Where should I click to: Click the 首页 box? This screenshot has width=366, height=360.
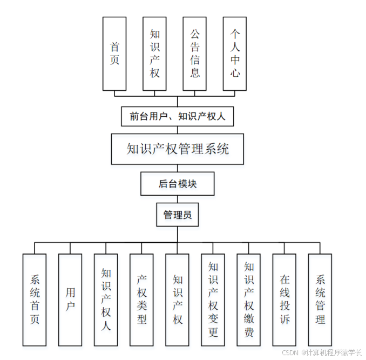[x=114, y=54]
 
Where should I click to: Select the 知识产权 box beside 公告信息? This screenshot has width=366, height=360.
[x=154, y=54]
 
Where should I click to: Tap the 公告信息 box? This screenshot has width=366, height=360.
[x=194, y=54]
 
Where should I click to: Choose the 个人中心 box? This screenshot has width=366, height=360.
[x=234, y=54]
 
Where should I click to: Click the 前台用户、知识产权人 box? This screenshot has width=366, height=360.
[x=177, y=116]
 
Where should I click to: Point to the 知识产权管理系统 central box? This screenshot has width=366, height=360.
[x=177, y=149]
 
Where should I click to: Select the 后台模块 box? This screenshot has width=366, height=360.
[x=177, y=184]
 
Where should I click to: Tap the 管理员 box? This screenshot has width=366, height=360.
[x=177, y=215]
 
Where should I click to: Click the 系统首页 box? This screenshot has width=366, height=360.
[x=35, y=299]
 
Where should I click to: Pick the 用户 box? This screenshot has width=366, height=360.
[x=70, y=299]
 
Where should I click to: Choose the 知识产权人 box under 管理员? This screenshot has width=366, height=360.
[x=106, y=299]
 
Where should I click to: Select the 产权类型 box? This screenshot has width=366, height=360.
[x=141, y=299]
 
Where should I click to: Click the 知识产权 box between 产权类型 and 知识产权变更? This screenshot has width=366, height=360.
[x=177, y=299]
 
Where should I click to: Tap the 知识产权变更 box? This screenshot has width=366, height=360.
[x=213, y=299]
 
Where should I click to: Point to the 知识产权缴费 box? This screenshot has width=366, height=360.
[x=248, y=299]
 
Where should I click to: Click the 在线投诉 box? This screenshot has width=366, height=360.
[x=284, y=299]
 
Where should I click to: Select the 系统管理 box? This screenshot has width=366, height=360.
[x=320, y=299]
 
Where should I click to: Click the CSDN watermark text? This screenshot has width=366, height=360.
[x=321, y=352]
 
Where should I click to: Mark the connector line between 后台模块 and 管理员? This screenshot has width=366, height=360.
[x=177, y=199]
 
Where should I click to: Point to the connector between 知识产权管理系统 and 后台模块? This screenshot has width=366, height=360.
[x=177, y=169]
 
